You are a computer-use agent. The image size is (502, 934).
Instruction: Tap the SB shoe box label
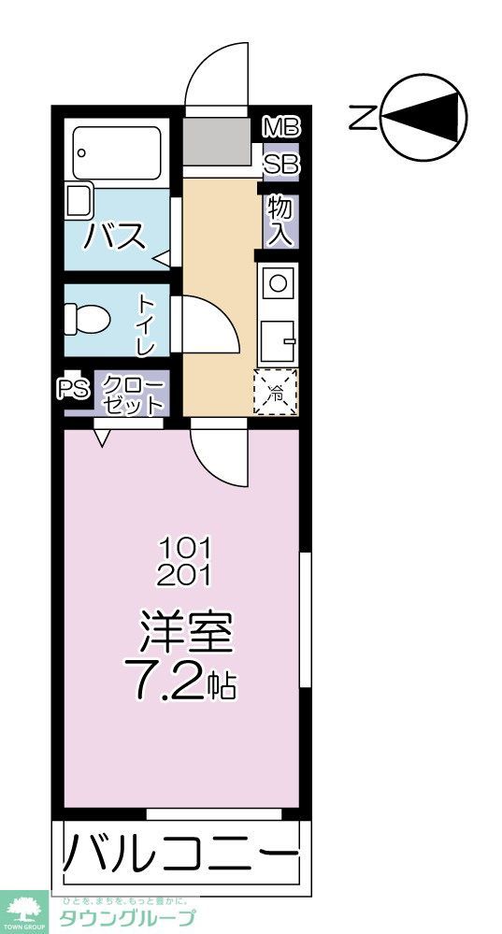280,165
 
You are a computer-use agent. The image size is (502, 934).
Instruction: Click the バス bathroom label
116,236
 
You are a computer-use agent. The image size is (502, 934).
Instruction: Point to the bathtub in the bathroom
117,152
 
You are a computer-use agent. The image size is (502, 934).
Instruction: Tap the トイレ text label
147,324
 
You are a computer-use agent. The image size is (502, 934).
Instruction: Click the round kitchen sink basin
278,279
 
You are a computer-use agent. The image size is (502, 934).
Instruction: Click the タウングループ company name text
128,917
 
